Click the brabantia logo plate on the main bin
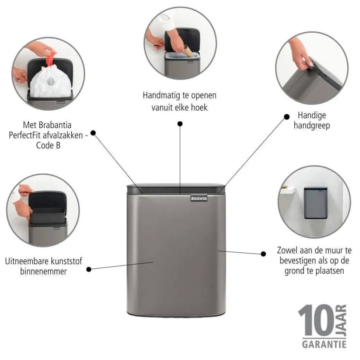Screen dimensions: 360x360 [199, 199]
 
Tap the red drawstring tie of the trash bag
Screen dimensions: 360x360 [51, 59]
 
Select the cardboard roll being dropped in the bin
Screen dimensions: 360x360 [188, 50]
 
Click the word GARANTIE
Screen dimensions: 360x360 [324, 345]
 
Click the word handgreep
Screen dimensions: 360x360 [312, 125]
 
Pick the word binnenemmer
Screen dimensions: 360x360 [44, 271]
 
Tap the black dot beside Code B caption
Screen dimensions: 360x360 [93, 133]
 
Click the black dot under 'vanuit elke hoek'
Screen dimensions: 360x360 [180, 124]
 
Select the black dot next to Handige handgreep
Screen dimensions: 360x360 [287, 117]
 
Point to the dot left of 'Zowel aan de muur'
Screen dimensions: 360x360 [264, 254]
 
